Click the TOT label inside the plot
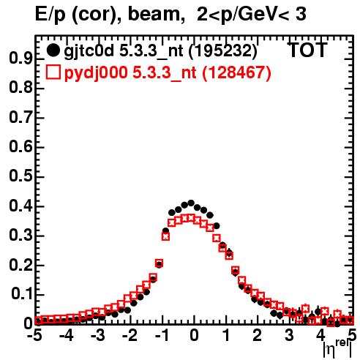click(x=307, y=50)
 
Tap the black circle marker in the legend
click(x=53, y=50)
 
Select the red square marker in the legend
click(x=53, y=72)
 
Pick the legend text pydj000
click(x=96, y=73)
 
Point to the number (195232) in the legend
click(x=223, y=51)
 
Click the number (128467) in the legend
click(x=236, y=73)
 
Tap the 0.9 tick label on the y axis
click(x=20, y=59)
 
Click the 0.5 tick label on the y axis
click(x=20, y=176)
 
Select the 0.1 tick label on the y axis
click(x=22, y=294)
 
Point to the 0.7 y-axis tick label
click(x=20, y=117)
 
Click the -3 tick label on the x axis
click(x=98, y=335)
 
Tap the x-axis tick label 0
click(x=194, y=335)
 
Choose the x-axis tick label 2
click(x=258, y=335)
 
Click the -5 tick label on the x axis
click(x=34, y=335)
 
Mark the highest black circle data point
click(x=191, y=203)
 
